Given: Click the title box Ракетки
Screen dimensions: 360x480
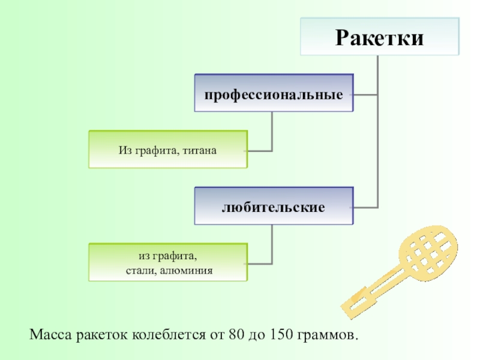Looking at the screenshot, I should coord(380,37).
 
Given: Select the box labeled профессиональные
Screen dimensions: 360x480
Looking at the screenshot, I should coord(274,93).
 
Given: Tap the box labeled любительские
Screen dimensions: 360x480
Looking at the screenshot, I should coord(274,206).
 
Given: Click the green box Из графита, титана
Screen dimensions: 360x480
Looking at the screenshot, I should coord(167,149).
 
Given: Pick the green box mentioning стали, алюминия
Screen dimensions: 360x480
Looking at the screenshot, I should coord(167,262).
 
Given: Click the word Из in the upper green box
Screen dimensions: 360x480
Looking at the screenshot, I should coord(124,149).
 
